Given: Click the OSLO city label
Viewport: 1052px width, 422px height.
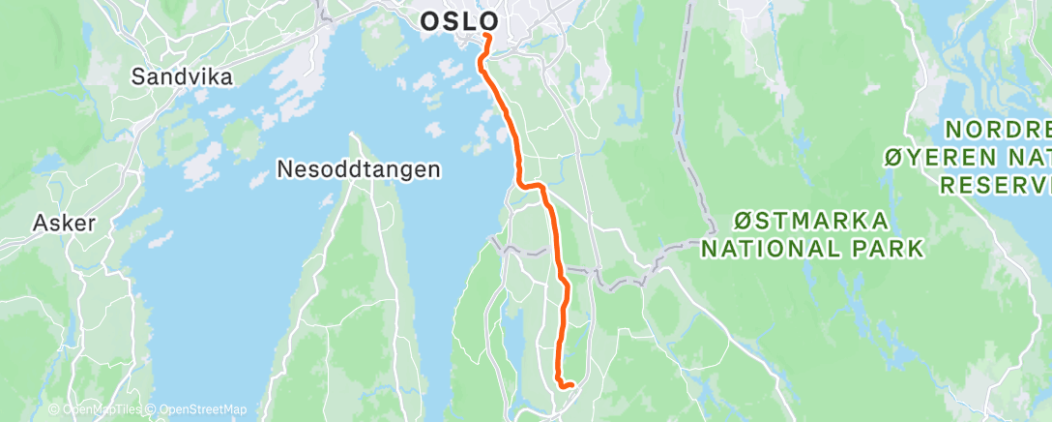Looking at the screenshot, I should (x=459, y=20).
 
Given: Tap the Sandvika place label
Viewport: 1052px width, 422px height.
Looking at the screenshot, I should (x=183, y=76).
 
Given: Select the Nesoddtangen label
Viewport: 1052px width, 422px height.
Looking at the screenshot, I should (x=359, y=169).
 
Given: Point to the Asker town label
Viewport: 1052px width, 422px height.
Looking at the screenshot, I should (x=64, y=223).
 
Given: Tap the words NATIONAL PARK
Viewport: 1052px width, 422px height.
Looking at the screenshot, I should (x=811, y=249).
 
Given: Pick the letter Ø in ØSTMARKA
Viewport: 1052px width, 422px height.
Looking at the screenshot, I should (x=742, y=221).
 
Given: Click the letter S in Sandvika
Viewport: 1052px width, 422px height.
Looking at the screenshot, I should (x=138, y=76).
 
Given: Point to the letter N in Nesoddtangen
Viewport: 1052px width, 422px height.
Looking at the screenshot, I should (x=284, y=169).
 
